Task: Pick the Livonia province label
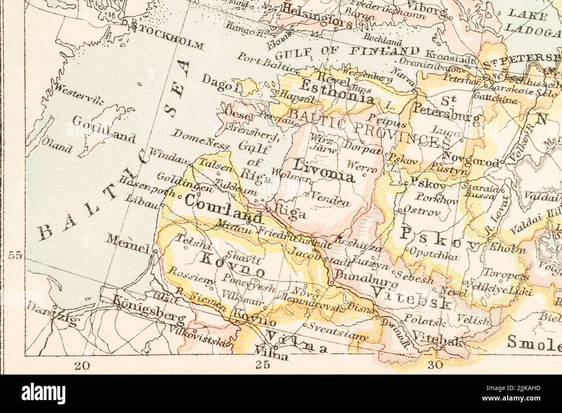(x=324, y=170)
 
